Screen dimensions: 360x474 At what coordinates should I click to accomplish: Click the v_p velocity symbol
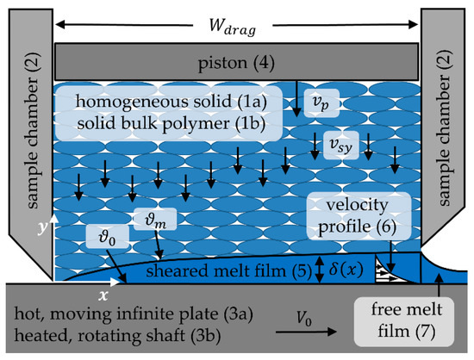(320, 103)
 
